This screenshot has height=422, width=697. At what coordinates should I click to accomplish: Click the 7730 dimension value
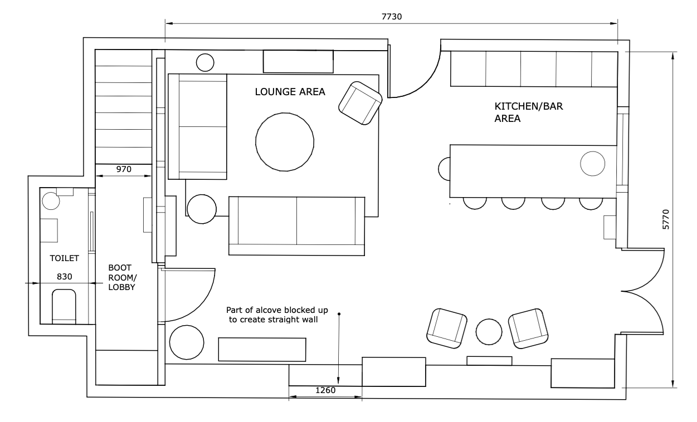pos(392,17)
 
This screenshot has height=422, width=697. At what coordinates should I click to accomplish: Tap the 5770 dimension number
pos(666,219)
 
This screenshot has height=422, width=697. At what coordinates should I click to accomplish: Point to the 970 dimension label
pos(124,169)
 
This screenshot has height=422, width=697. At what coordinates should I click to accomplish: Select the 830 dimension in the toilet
pos(65,277)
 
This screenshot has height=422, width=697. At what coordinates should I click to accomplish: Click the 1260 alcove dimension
pos(325,390)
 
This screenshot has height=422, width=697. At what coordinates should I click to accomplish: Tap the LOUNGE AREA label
pos(290,92)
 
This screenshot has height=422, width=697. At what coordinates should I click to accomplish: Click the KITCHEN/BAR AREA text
pos(529,112)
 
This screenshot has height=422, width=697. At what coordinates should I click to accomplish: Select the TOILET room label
pos(65,258)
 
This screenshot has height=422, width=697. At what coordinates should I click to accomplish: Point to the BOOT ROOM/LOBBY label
pos(122,277)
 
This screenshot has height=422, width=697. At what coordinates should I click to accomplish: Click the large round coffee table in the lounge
pos(285,142)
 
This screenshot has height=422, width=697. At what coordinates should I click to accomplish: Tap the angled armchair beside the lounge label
pos(360,103)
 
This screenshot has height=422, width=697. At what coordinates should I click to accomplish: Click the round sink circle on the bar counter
pos(592,164)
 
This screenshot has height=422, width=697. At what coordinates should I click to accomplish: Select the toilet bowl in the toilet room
pos(64,307)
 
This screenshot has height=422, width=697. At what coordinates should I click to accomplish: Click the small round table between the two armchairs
pos(489,332)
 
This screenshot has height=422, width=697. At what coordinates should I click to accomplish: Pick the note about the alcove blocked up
pos(276,315)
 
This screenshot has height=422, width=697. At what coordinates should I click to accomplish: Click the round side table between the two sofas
pos(202,209)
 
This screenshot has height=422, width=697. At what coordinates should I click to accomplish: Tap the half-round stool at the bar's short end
pos(445,169)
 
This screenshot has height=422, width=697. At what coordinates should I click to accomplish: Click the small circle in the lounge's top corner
pos(205,62)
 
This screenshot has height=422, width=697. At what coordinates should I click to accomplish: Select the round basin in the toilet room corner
pos(51,201)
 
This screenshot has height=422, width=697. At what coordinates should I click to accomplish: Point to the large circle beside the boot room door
pos(187,342)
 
